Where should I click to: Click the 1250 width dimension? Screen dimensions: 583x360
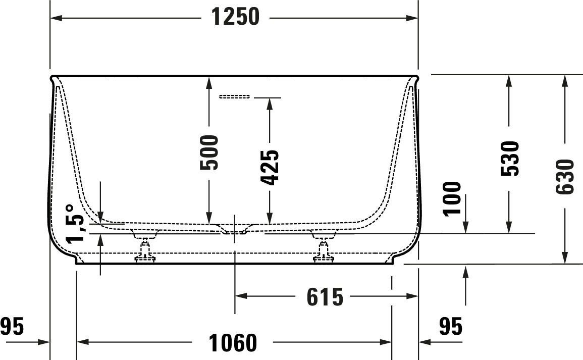235,17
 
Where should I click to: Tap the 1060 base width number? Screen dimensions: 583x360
233,342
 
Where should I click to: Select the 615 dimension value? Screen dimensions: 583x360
325,297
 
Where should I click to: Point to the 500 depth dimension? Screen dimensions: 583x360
209,152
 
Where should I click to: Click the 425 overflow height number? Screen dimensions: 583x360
270,167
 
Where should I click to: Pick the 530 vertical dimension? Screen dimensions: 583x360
509,159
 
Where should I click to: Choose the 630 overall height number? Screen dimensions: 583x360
565,177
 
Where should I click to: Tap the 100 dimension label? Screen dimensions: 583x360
452,198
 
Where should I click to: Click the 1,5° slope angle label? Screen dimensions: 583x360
75,224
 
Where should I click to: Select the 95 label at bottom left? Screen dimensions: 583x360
12,327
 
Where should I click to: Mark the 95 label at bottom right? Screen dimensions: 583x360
451,327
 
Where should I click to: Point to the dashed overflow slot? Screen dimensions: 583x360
235,97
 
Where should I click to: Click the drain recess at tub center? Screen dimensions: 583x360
235,229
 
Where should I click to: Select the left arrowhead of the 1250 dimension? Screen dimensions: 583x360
56,18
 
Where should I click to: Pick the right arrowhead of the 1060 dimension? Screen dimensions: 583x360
386,342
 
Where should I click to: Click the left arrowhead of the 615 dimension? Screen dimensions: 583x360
241,296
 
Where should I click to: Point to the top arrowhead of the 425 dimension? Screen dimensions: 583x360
270,105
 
